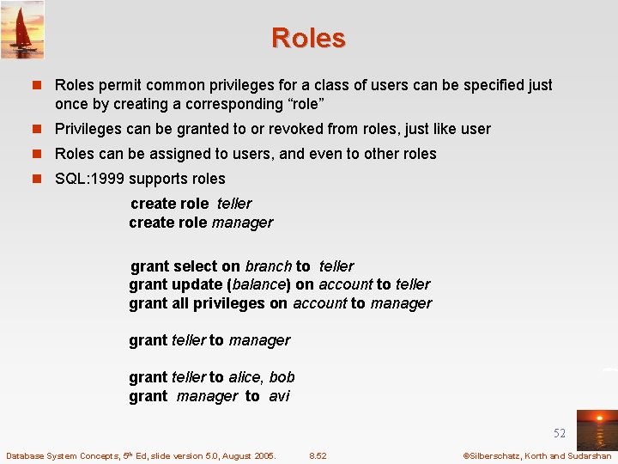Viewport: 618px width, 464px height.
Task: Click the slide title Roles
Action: click(308, 38)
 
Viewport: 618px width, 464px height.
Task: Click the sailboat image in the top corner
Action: click(22, 30)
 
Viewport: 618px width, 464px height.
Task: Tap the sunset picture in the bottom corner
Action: click(596, 430)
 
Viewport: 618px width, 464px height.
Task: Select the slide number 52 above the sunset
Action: click(559, 433)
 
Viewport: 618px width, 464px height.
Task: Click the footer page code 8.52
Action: click(318, 455)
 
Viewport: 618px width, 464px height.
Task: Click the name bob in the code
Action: click(282, 376)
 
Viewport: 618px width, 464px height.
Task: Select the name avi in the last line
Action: click(279, 395)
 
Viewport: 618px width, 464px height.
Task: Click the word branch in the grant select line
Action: click(268, 266)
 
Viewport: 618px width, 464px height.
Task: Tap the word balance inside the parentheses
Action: click(258, 284)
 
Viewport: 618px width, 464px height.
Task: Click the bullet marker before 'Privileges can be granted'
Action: click(39, 129)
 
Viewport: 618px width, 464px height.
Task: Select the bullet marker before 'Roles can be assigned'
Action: click(39, 154)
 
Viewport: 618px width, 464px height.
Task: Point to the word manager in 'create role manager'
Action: click(242, 223)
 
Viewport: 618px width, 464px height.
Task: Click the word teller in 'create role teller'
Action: click(234, 204)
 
